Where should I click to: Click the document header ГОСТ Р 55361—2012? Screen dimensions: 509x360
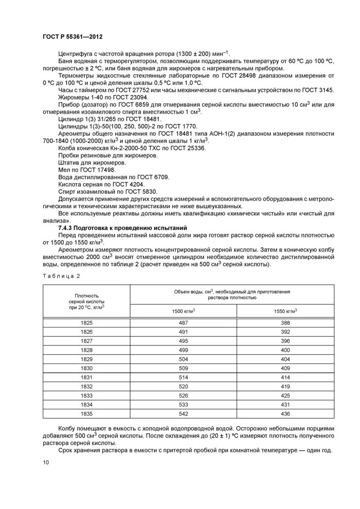[x=74, y=37]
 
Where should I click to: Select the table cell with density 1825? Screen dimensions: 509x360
[x=86, y=323]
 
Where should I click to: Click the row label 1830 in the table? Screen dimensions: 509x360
[x=86, y=368]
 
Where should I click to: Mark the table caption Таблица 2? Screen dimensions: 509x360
[x=59, y=276]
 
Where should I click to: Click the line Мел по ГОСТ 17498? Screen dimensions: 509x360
[x=87, y=169]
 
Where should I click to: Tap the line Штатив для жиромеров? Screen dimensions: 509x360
[x=92, y=162]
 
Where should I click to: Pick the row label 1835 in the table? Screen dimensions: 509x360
[x=86, y=413]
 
